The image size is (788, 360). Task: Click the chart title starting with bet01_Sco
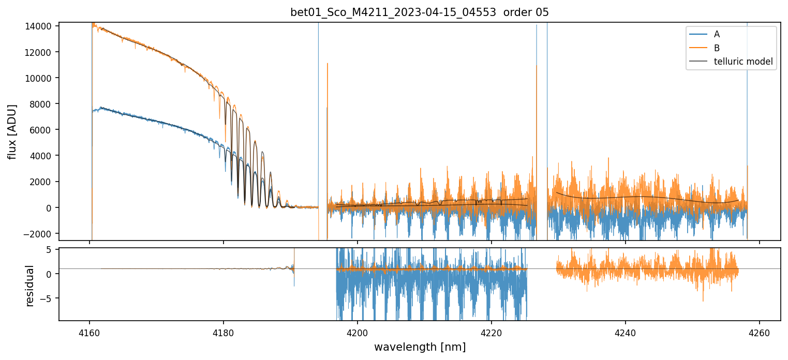tap(419, 12)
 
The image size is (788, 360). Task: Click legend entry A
tap(717, 34)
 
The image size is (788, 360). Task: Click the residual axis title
tap(30, 286)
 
